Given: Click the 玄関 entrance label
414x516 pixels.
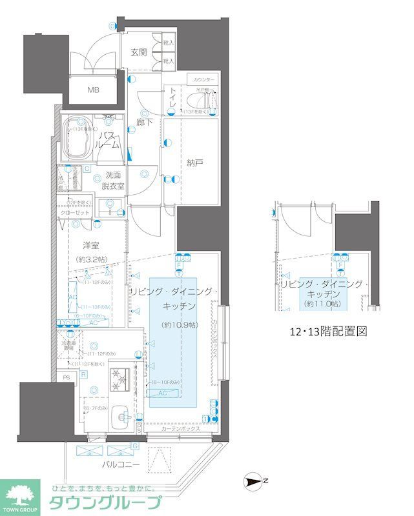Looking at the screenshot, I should [x=139, y=52].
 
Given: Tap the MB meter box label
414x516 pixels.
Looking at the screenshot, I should [x=94, y=90].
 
